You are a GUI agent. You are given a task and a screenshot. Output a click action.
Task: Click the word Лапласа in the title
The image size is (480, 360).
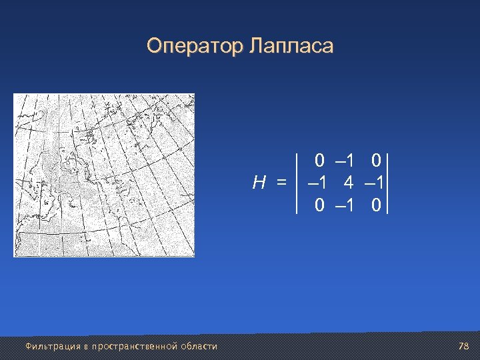[291, 47]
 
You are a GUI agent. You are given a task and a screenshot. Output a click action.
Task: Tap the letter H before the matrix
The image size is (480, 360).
[260, 182]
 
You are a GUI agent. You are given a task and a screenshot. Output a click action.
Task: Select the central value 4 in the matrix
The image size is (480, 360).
[348, 182]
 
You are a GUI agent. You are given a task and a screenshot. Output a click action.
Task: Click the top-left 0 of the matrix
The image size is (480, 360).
[320, 160]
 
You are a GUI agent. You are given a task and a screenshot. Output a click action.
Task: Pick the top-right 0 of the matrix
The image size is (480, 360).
[376, 160]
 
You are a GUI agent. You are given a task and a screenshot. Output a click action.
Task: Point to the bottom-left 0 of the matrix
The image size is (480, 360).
[320, 205]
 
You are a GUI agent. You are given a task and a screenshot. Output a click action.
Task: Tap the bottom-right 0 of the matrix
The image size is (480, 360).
[376, 205]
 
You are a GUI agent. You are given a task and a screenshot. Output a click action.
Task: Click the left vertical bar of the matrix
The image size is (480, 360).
[297, 183]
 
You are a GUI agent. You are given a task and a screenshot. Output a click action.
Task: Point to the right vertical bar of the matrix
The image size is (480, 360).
[387, 183]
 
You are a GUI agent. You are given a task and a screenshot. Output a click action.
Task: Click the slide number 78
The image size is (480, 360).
[464, 346]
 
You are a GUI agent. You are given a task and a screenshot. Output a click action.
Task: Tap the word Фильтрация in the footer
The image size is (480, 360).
[45, 346]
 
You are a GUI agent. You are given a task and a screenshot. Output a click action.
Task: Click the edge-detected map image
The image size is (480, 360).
[105, 175]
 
